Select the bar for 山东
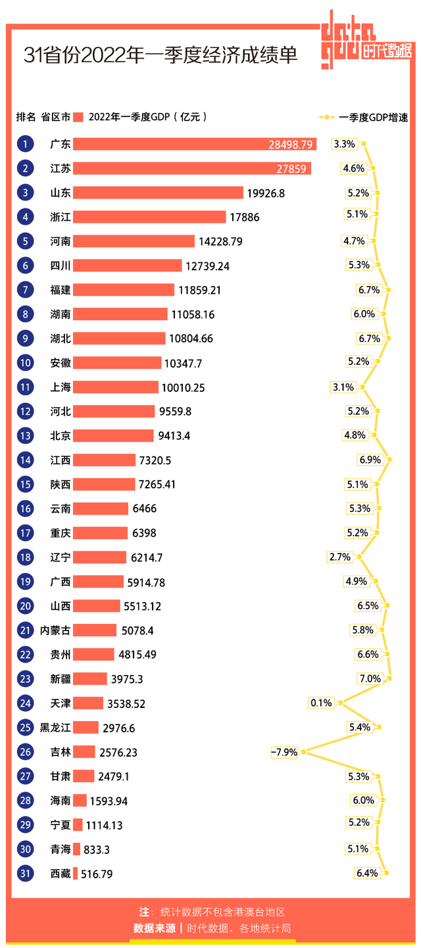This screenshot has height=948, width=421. (158, 193)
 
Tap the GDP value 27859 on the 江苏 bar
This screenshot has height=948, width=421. (291, 169)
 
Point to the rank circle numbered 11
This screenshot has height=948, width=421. (25, 387)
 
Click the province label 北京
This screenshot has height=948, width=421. (61, 436)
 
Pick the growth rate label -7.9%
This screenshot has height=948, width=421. (284, 752)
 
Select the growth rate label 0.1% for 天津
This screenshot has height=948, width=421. (321, 703)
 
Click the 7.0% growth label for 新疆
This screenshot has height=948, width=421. (370, 678)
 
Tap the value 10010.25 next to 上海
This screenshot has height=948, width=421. (183, 388)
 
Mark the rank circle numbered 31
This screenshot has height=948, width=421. (25, 874)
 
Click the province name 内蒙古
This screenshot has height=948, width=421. (55, 630)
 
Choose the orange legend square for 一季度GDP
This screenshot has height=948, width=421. (78, 117)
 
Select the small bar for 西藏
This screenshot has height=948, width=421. (76, 874)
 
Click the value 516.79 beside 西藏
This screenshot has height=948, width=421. (97, 874)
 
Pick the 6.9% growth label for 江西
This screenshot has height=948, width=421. (370, 460)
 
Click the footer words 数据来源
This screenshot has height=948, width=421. (154, 928)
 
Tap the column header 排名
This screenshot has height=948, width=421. (26, 117)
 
